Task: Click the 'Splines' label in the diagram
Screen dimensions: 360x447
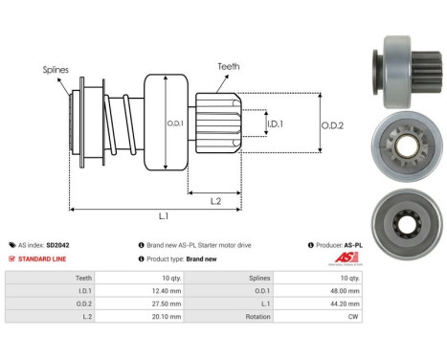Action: (56, 70)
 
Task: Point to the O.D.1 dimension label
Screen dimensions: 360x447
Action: (174, 124)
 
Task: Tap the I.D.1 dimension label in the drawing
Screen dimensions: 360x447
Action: (274, 124)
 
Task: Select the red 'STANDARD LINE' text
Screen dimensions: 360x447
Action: (49, 259)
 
